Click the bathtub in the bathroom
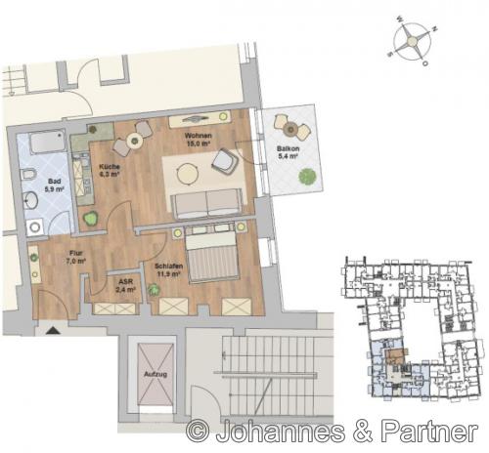pos(44,145)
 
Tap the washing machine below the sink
pos(37,226)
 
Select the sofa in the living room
pos(205,202)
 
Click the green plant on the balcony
pos(307,177)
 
